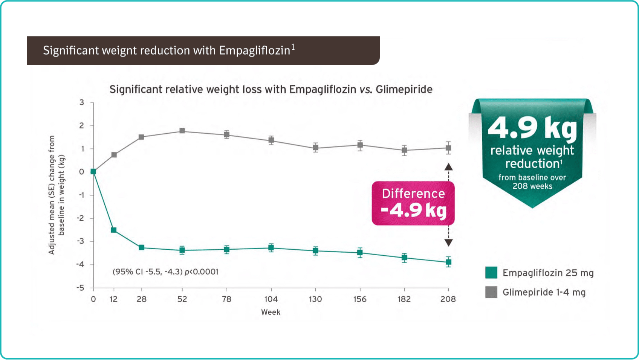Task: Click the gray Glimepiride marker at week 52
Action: [182, 131]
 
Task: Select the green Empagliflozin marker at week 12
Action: [114, 230]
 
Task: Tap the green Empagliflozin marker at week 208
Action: [448, 262]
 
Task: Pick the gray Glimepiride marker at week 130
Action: [316, 148]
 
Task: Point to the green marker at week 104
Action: [271, 247]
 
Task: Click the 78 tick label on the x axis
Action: [226, 299]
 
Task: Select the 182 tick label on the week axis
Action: [404, 299]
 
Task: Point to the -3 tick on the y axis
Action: [81, 241]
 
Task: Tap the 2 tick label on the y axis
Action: [82, 125]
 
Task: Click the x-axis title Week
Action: [271, 312]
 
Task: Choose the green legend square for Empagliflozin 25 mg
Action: [491, 273]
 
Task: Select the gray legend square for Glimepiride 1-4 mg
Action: [491, 292]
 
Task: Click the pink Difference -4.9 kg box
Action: [413, 203]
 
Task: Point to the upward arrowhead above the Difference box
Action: [448, 167]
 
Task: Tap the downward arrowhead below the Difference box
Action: [448, 243]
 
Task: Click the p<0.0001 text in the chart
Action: [202, 272]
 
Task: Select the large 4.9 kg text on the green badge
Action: [532, 128]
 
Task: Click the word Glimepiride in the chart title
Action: [404, 90]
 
